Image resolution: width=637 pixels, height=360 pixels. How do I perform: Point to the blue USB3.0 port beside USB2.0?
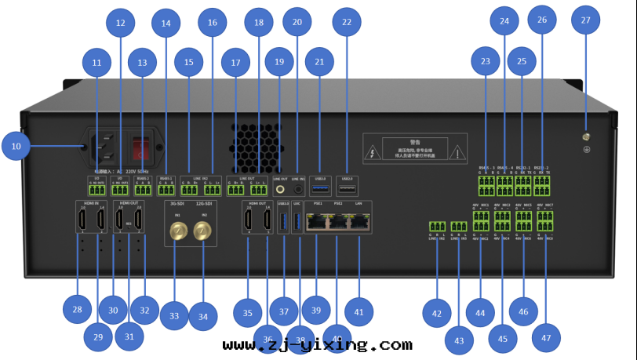coord(320,189)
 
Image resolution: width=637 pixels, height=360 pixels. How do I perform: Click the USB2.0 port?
coord(348,189)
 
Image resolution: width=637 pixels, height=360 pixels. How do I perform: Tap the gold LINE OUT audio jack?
coord(280,189)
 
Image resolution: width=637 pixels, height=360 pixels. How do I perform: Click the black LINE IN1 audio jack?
coord(298,189)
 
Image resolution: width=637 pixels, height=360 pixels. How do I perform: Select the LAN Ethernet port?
coord(359,223)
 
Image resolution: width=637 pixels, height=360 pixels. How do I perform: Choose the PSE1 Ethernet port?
coord(318,223)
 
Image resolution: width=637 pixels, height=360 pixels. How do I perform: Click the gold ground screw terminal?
coord(585,138)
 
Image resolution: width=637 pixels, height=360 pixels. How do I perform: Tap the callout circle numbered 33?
coord(174,316)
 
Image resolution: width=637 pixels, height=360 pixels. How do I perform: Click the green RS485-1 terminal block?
coord(166,188)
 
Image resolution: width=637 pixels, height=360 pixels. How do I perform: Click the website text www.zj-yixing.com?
coord(317,345)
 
